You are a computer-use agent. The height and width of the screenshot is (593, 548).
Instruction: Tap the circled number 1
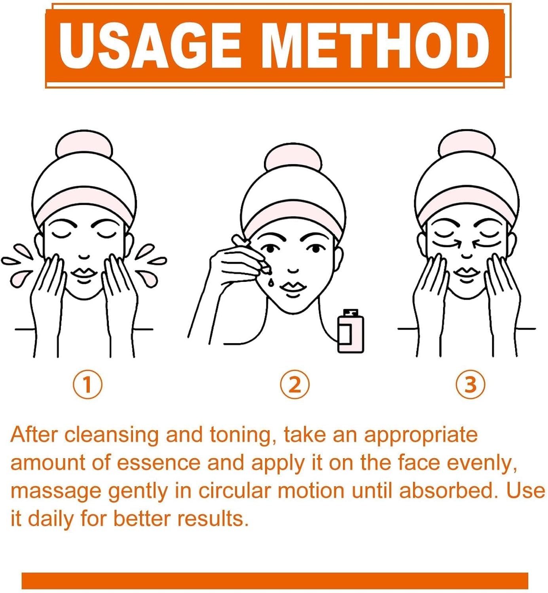[x=87, y=384]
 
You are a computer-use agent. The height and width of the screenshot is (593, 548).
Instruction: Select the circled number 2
[x=295, y=384]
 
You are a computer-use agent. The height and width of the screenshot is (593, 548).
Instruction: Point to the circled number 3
[x=470, y=384]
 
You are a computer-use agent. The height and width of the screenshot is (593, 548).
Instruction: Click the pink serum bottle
[x=351, y=331]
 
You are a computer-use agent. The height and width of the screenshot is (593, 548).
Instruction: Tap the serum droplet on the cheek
[x=271, y=282]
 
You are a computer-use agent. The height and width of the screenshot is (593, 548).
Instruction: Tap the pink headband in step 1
[x=84, y=206]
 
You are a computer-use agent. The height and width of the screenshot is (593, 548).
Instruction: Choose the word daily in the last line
[x=51, y=519]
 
